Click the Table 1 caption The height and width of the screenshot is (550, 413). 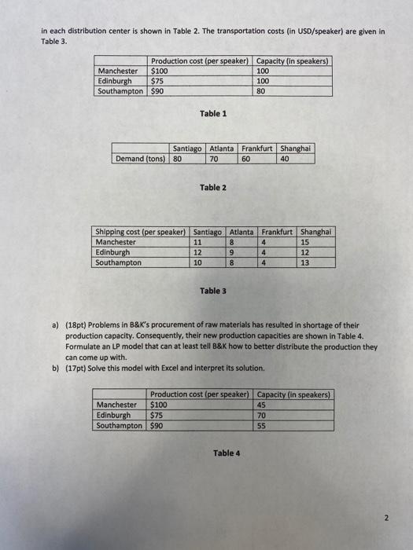pyautogui.click(x=213, y=114)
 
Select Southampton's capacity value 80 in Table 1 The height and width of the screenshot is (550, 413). pyautogui.click(x=263, y=90)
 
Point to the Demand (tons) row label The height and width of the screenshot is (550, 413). pyautogui.click(x=141, y=158)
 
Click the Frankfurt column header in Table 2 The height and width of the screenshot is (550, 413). pyautogui.click(x=256, y=148)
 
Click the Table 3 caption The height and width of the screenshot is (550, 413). pyautogui.click(x=213, y=291)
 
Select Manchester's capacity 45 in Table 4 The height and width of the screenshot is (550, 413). pyautogui.click(x=263, y=405)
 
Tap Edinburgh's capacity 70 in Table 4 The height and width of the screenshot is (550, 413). pyautogui.click(x=263, y=415)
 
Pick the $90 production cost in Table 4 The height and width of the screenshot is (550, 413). pyautogui.click(x=157, y=425)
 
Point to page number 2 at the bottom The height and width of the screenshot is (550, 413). pyautogui.click(x=386, y=518)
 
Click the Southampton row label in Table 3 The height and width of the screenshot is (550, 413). pyautogui.click(x=119, y=262)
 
